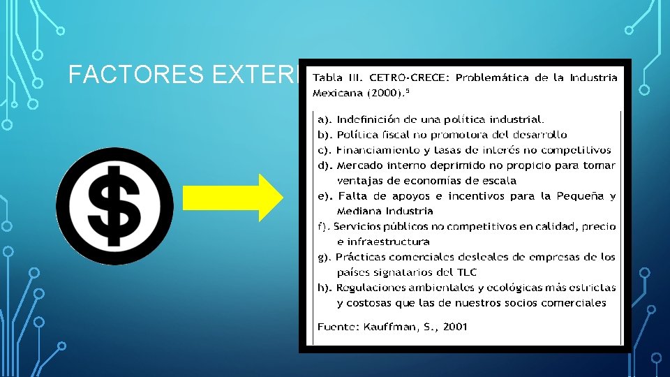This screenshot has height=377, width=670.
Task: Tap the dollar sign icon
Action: (114, 206)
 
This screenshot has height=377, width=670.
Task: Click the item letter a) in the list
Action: (324, 119)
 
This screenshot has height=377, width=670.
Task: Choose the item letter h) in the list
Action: (325, 288)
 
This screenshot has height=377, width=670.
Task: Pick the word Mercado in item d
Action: (359, 165)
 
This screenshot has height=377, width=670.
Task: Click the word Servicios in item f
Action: (359, 226)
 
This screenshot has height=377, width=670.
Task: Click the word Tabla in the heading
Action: (327, 77)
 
